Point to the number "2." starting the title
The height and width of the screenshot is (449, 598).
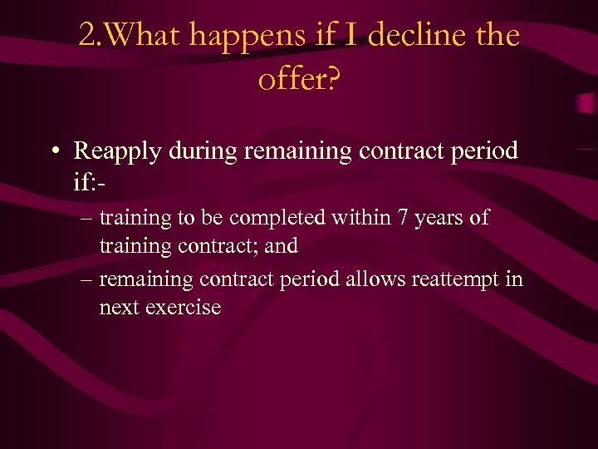tap(92, 36)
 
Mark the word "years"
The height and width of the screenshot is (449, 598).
tap(439, 219)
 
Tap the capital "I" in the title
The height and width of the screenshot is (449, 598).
tap(349, 36)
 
